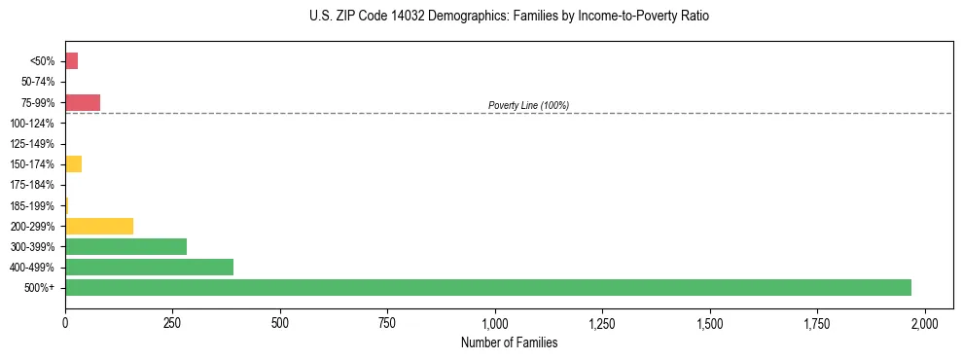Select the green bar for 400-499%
[149, 267]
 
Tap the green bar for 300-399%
[125, 246]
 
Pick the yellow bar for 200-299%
[99, 226]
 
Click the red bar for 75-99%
[83, 102]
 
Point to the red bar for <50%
[71, 61]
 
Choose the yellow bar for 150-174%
[73, 164]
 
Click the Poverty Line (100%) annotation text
[528, 105]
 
